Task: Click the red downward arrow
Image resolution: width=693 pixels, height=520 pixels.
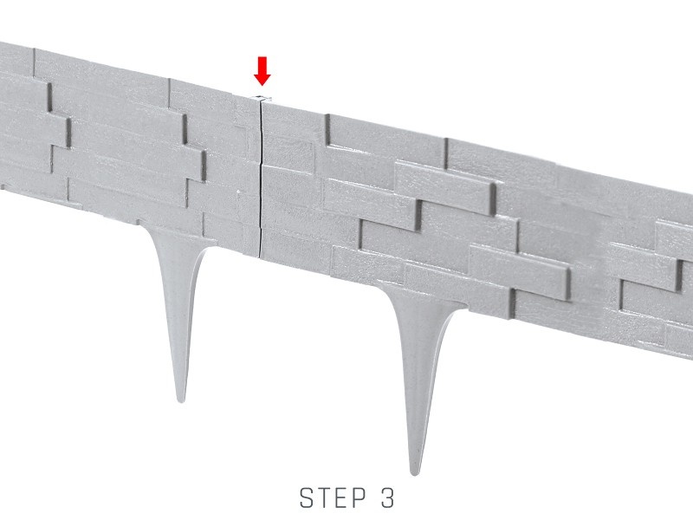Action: [262, 71]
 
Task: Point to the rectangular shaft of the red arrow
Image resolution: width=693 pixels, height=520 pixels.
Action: [262, 65]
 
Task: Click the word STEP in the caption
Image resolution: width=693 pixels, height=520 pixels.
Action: [333, 497]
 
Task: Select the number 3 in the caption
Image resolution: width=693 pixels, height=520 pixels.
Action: [387, 497]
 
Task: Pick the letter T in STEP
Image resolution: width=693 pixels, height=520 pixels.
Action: [325, 497]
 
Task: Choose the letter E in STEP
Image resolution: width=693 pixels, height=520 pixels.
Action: [342, 497]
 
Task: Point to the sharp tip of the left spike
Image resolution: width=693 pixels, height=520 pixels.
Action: [180, 402]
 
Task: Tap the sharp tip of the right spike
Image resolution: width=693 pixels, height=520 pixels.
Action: [414, 474]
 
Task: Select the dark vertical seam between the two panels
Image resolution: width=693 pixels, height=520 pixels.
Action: [261, 177]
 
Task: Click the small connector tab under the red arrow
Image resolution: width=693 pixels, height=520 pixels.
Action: [261, 98]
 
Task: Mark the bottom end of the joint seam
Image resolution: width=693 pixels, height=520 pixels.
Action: [258, 256]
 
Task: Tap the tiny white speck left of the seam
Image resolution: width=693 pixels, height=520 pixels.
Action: [239, 192]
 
